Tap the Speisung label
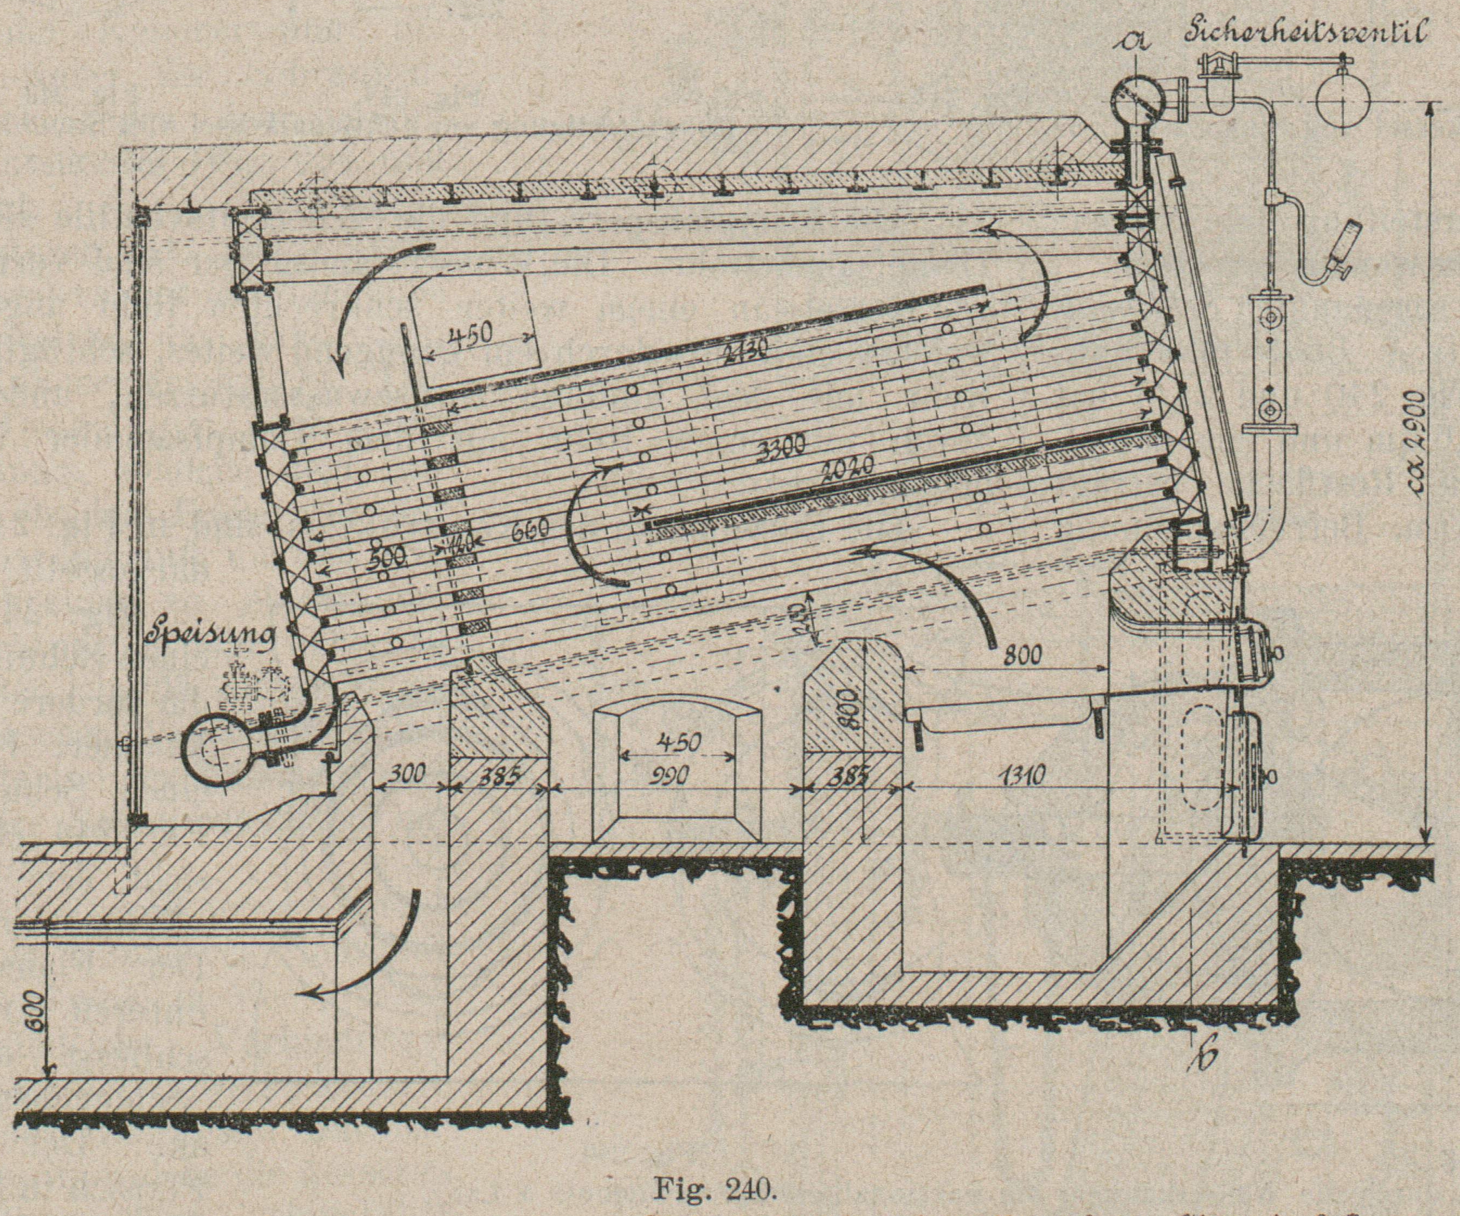pyautogui.click(x=211, y=635)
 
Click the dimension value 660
pyautogui.click(x=530, y=531)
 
